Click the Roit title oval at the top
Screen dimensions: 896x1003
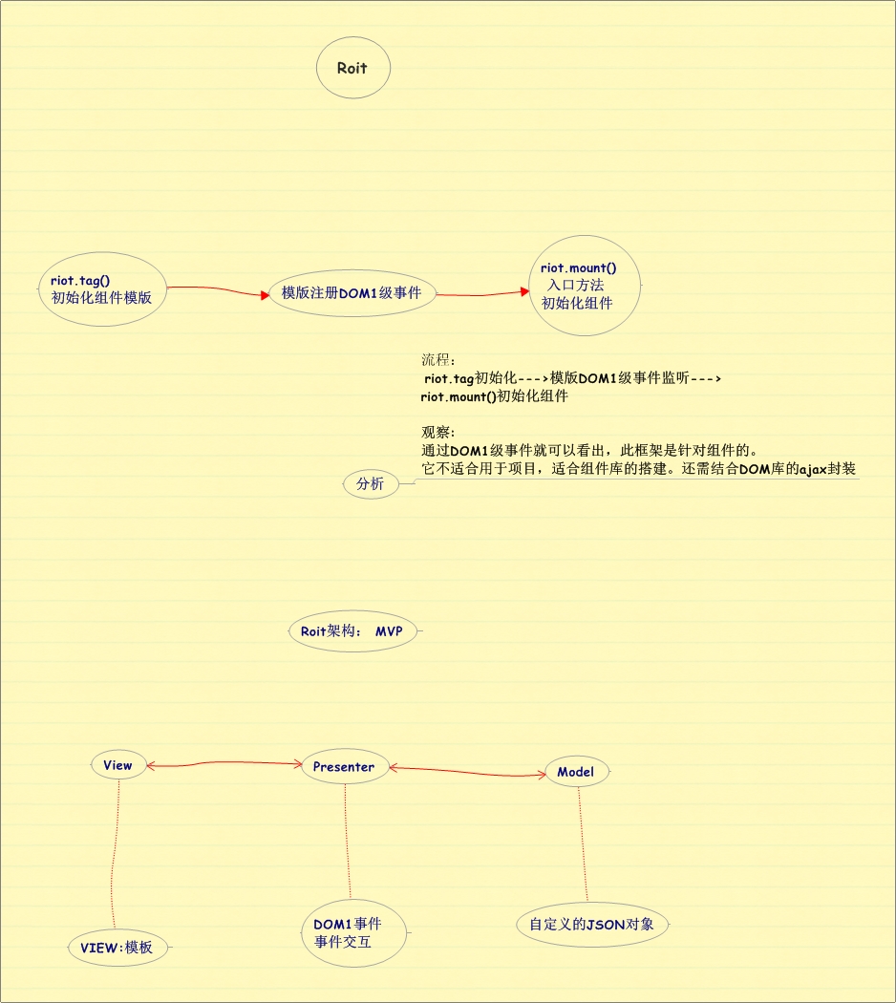pyautogui.click(x=352, y=68)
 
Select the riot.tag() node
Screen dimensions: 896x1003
pyautogui.click(x=102, y=288)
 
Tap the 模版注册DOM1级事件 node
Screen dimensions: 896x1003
pyautogui.click(x=352, y=292)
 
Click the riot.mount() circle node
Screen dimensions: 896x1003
pyautogui.click(x=584, y=286)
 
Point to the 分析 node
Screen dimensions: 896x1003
pyautogui.click(x=370, y=484)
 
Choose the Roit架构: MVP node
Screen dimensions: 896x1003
pyautogui.click(x=352, y=631)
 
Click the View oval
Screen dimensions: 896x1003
pyautogui.click(x=118, y=765)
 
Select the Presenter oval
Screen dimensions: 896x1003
pyautogui.click(x=344, y=766)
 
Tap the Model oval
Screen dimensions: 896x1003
pyautogui.click(x=575, y=772)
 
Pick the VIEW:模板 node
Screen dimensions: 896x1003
pyautogui.click(x=117, y=948)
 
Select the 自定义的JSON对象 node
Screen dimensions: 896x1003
pyautogui.click(x=591, y=925)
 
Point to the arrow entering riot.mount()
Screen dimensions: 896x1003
pyautogui.click(x=482, y=295)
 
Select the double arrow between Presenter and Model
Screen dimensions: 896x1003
pyautogui.click(x=465, y=771)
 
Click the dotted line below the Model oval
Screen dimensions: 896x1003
pyautogui.click(x=583, y=846)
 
